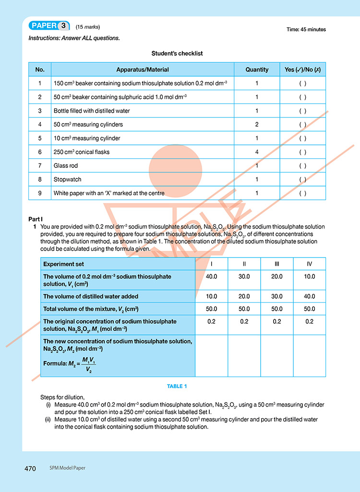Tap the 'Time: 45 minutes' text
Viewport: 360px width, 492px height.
coord(306,29)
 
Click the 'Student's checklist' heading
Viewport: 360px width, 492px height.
coord(177,53)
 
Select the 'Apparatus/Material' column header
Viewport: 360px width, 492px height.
coord(143,70)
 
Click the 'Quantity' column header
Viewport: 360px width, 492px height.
coord(257,70)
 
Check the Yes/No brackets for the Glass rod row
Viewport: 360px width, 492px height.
coord(302,166)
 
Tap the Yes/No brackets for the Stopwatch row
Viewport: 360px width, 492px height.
coord(302,179)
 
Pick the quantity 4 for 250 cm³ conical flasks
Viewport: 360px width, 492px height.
coord(257,152)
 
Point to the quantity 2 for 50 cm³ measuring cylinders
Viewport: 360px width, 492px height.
coord(257,125)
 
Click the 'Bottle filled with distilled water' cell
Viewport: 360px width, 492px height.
coord(92,111)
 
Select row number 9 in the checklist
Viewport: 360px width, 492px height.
coord(40,193)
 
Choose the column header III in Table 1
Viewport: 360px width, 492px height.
coord(277,264)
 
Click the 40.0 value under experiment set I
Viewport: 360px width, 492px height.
coord(211,277)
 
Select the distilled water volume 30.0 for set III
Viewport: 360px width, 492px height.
coord(277,296)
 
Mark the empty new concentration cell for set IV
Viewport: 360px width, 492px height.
coord(310,356)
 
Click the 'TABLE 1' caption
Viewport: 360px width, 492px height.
coord(177,387)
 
